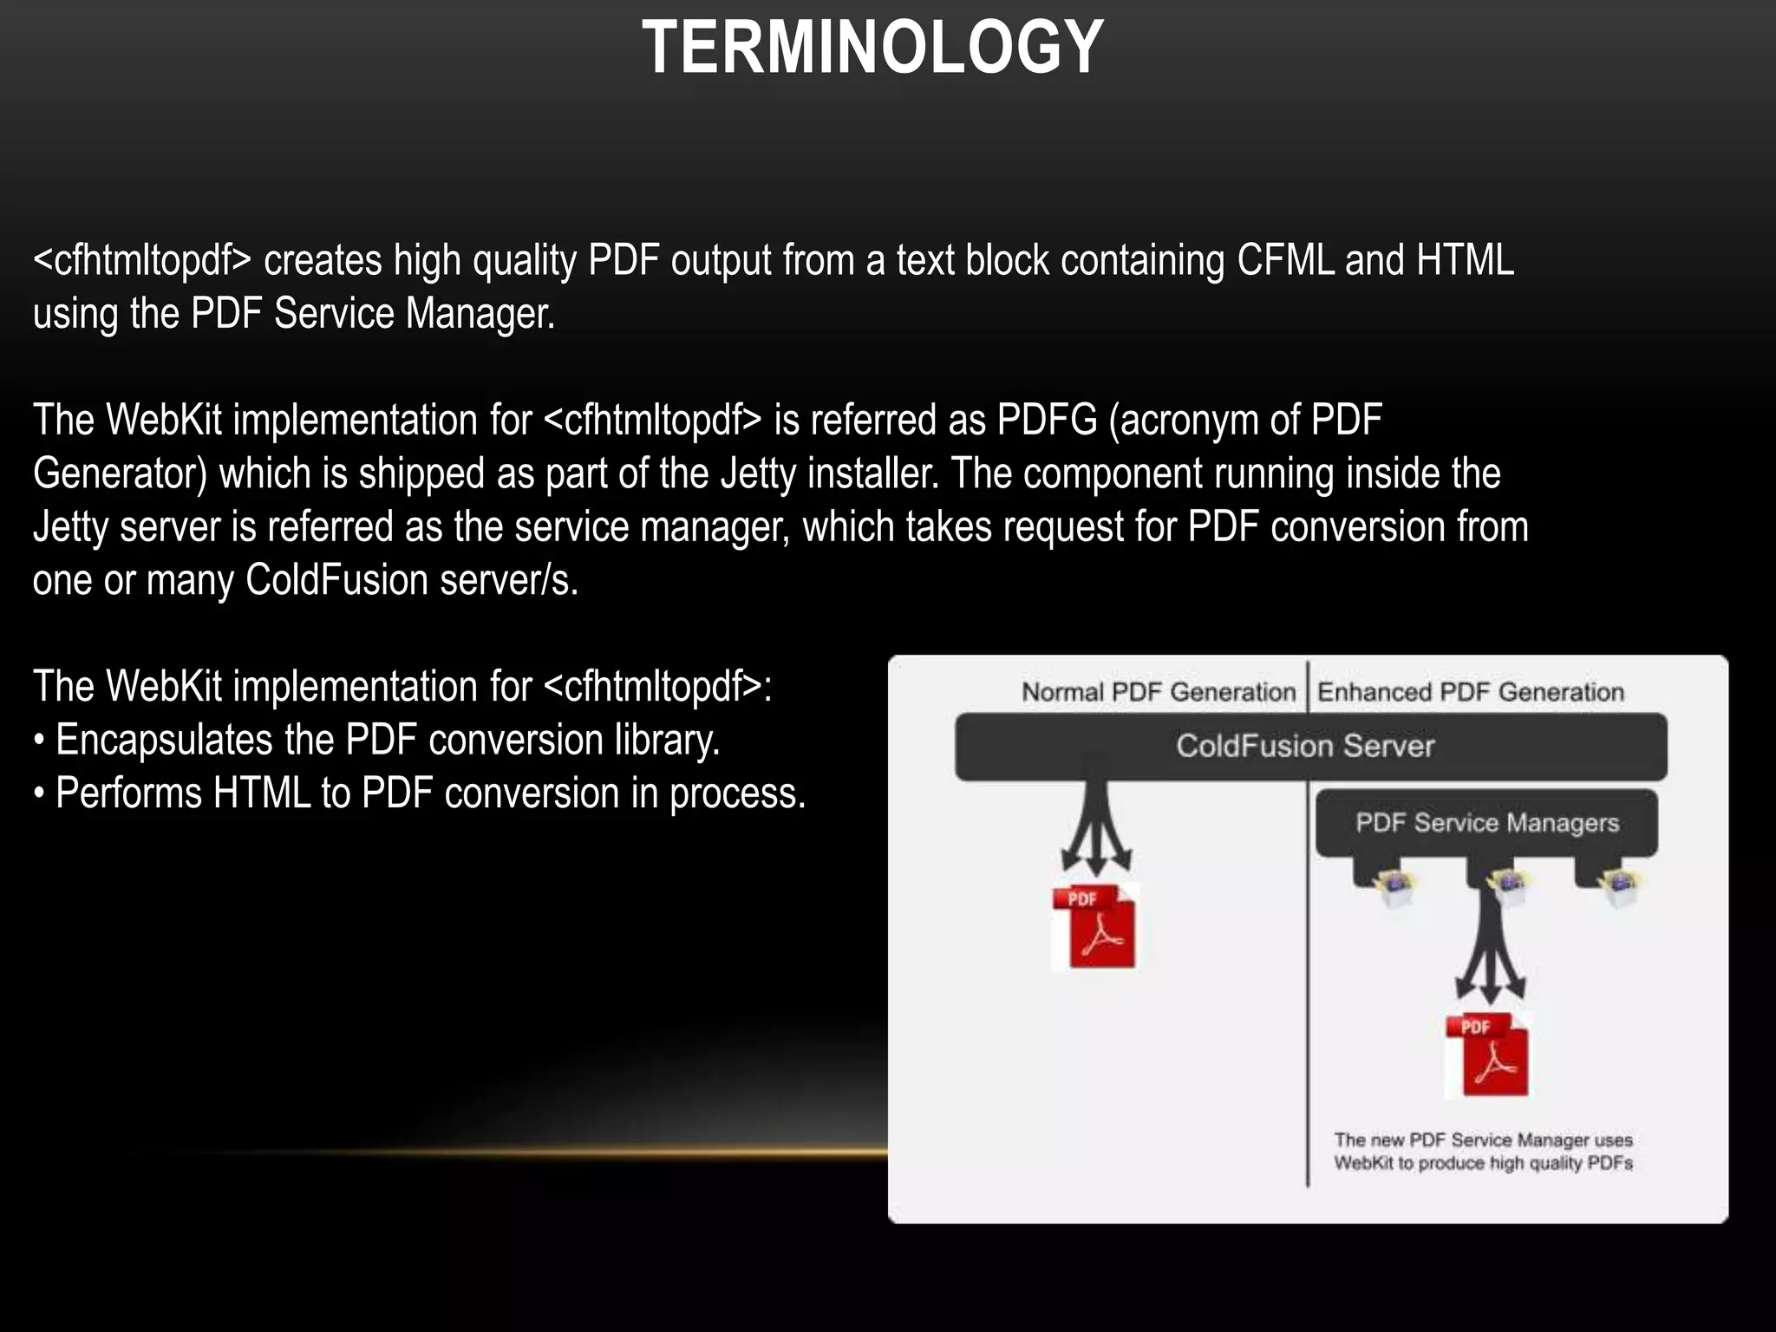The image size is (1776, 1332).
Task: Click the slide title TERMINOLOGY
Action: click(872, 48)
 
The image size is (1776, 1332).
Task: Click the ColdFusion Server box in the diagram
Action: click(1305, 746)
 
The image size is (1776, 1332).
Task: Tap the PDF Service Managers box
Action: click(1487, 822)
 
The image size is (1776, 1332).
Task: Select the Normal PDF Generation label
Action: click(1159, 692)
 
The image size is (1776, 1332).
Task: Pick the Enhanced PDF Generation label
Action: click(1471, 692)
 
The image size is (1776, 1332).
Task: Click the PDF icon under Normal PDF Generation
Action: click(1094, 927)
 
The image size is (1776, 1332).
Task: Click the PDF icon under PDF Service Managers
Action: click(1487, 1054)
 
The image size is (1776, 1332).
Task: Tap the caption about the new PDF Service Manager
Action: click(1483, 1152)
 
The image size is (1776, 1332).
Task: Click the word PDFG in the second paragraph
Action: click(1047, 421)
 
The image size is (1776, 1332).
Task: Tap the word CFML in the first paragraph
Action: click(1285, 260)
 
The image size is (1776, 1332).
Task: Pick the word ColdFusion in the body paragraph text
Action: click(336, 580)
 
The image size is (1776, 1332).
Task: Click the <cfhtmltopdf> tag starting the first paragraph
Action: click(142, 260)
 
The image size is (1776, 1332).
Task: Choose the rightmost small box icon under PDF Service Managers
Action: click(1618, 887)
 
